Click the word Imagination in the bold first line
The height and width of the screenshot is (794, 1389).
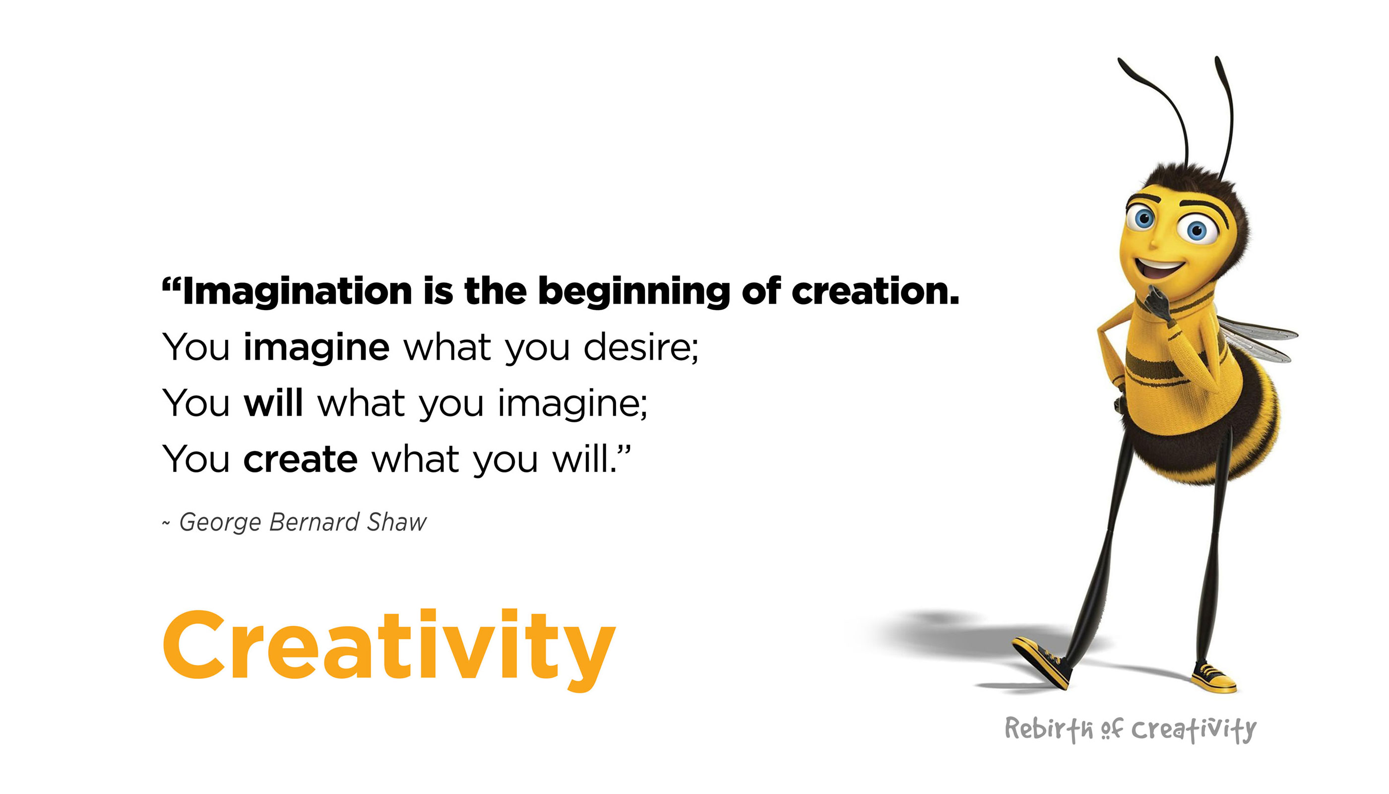(297, 292)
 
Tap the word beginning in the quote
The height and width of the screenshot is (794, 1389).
(633, 292)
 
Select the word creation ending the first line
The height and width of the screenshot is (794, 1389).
(875, 292)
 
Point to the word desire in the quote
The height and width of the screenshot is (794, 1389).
(641, 347)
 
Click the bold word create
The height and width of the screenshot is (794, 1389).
(300, 460)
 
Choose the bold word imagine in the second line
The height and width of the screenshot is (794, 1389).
(316, 348)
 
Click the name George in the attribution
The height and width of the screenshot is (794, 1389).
(220, 523)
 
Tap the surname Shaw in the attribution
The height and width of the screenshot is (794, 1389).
(396, 523)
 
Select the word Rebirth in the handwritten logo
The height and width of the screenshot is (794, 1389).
(1049, 729)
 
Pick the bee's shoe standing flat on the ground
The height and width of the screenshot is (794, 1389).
(1214, 678)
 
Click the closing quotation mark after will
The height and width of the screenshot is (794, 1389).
(624, 451)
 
